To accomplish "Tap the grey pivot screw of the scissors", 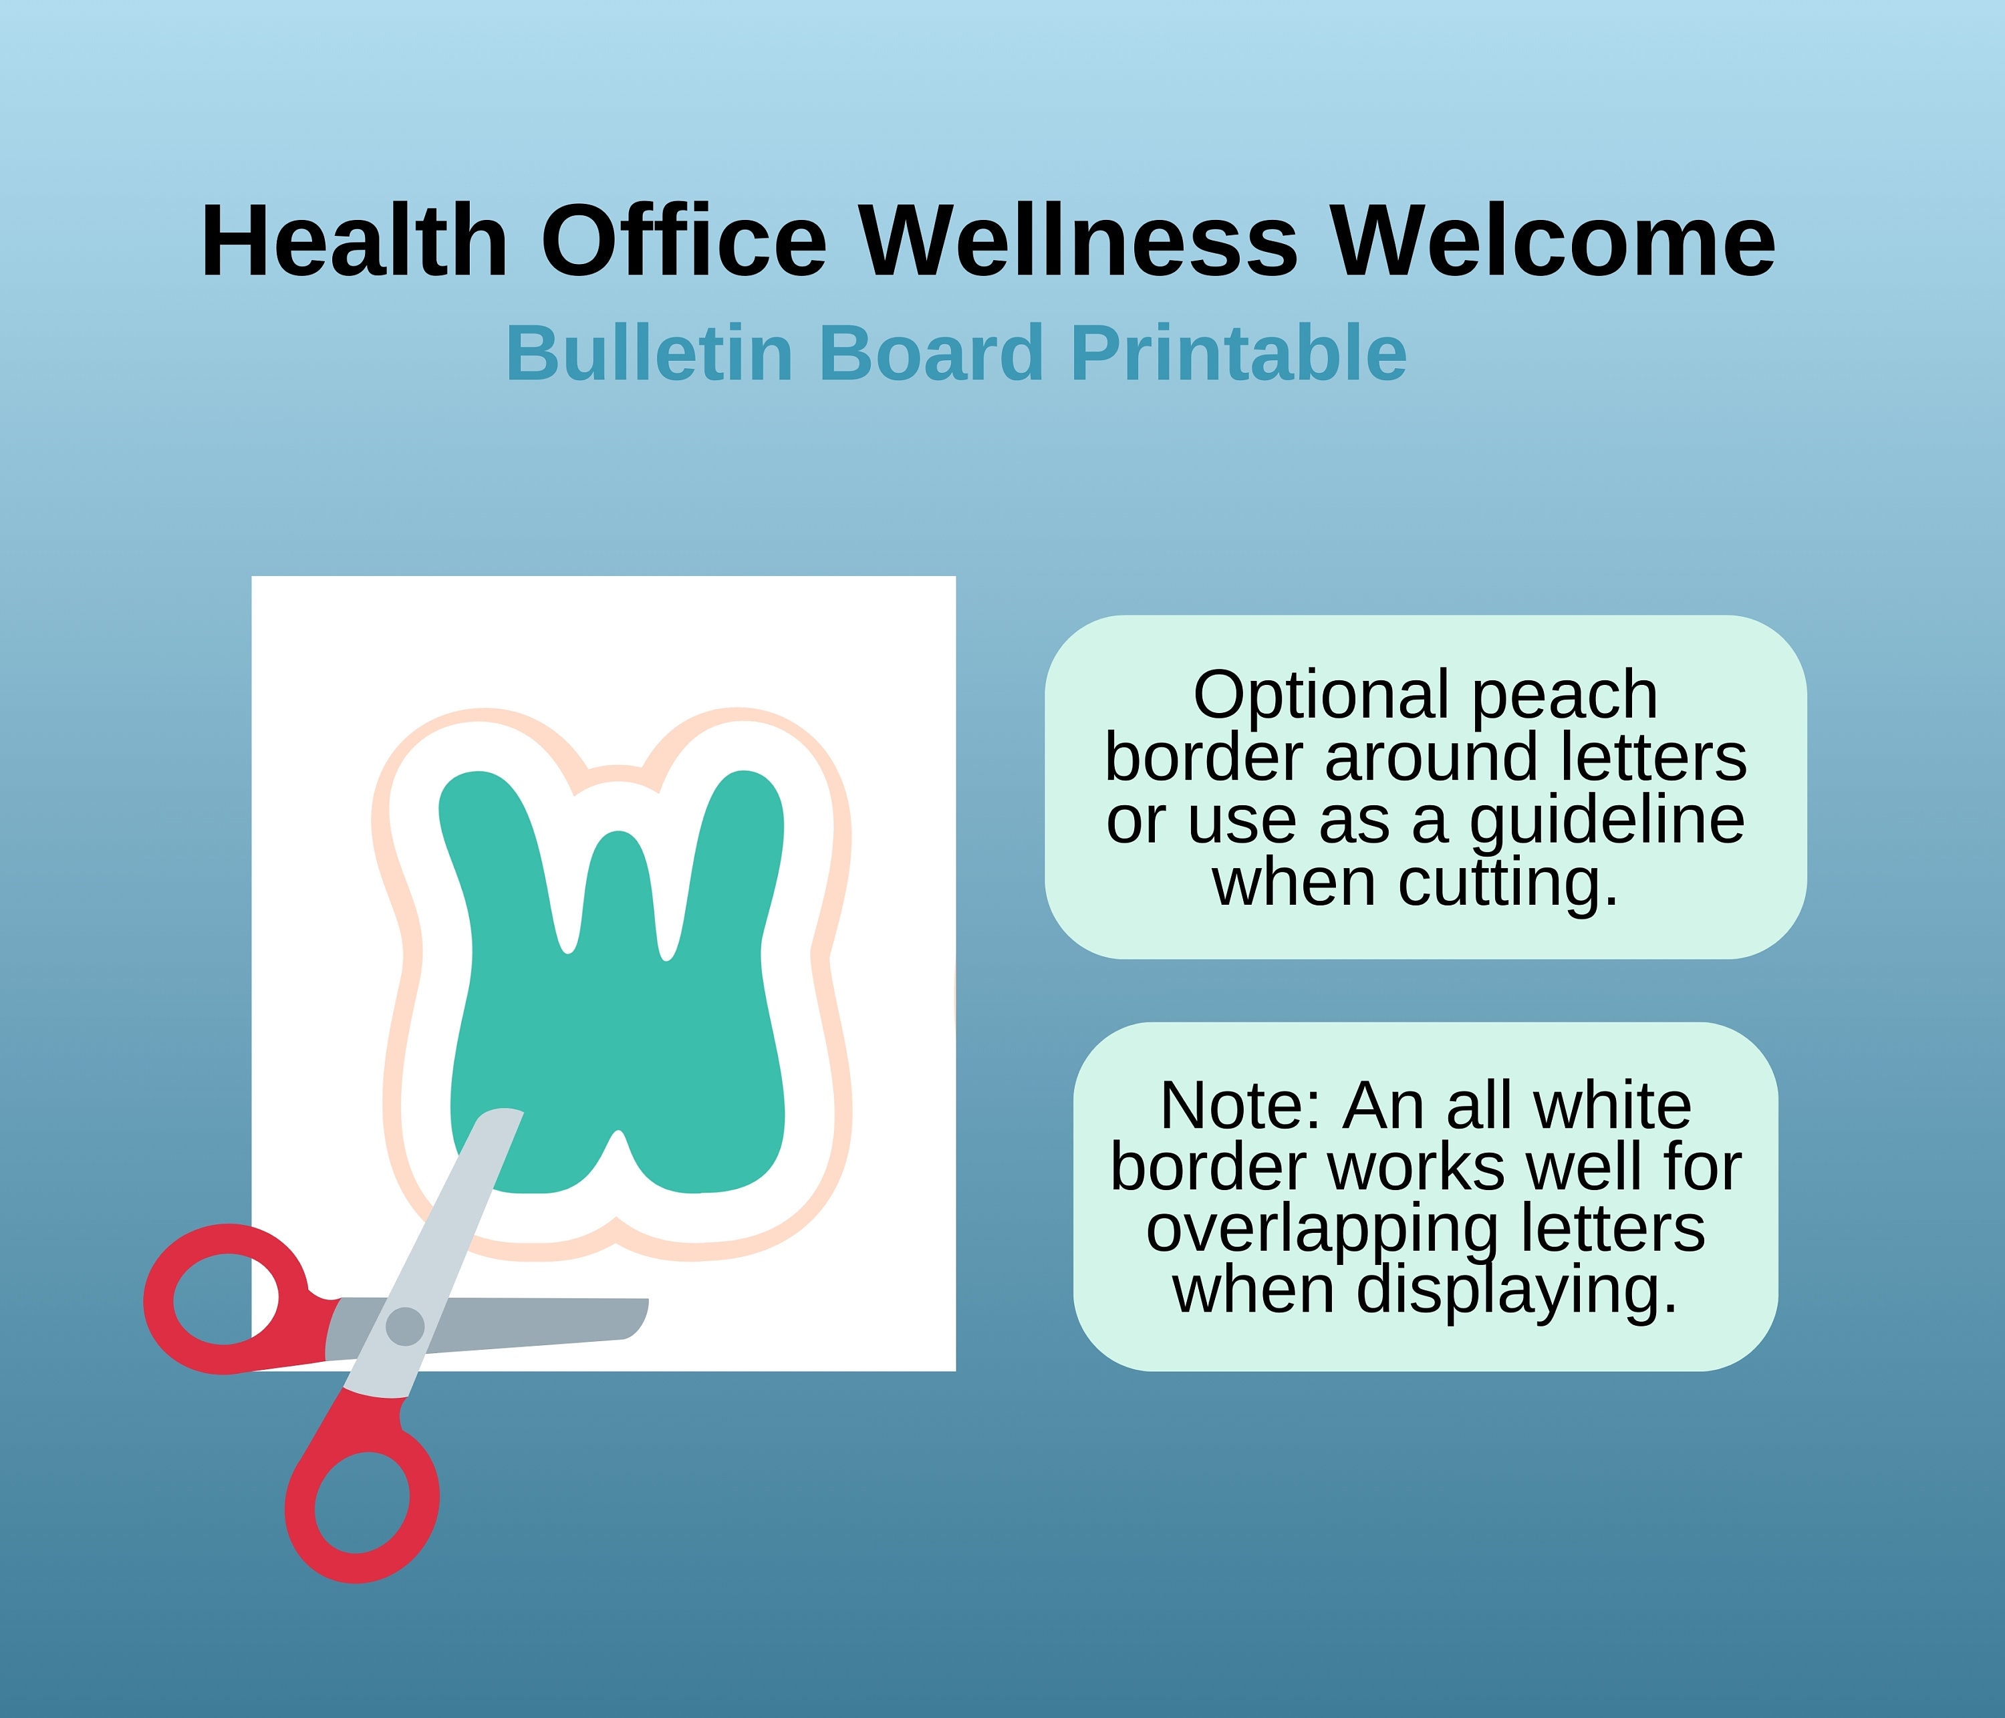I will click(404, 1325).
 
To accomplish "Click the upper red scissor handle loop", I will click(225, 1299).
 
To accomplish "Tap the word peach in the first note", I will click(1565, 696).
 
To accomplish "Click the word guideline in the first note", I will click(1607, 822).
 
